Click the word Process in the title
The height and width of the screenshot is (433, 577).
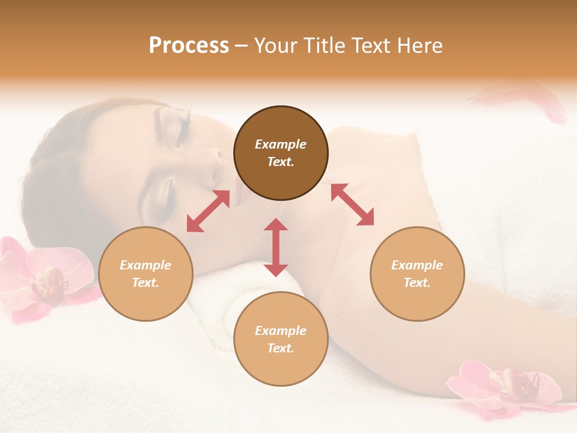(189, 45)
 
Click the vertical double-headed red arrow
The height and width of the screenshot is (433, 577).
(276, 247)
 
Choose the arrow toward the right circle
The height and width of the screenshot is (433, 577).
(352, 204)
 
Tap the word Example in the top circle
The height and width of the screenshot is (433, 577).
(281, 144)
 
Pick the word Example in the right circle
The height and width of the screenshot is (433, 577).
(417, 265)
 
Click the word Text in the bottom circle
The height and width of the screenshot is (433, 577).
(281, 348)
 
